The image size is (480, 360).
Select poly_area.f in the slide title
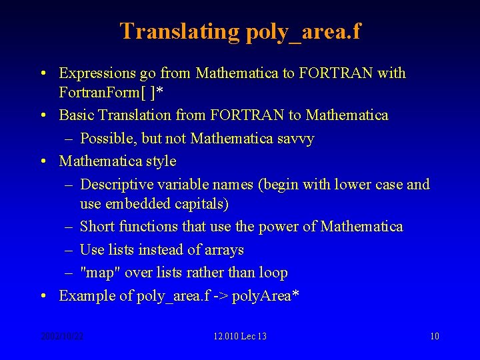[x=303, y=31]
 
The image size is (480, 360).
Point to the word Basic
[x=77, y=115]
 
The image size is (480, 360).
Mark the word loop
[x=273, y=273]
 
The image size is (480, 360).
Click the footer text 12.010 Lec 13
[x=240, y=336]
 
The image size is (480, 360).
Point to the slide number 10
[x=434, y=336]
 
